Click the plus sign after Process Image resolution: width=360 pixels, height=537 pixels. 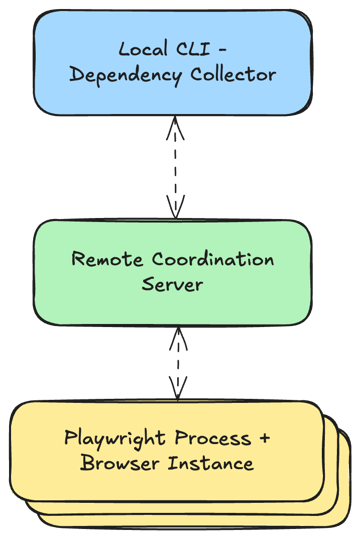(264, 439)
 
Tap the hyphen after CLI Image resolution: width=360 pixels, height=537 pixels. (219, 50)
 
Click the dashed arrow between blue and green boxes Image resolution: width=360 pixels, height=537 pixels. (176, 167)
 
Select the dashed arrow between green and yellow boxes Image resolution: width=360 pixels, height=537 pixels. (178, 362)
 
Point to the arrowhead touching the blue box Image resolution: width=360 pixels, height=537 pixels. (176, 124)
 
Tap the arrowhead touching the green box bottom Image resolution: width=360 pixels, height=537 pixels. (178, 334)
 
